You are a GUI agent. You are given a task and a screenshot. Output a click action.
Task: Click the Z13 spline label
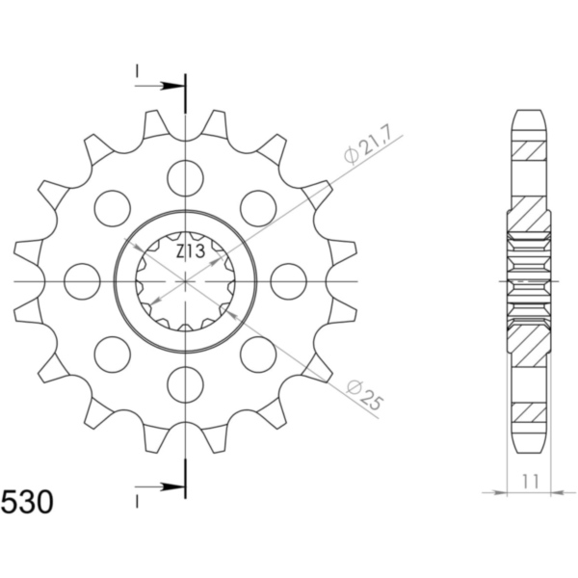coord(189,252)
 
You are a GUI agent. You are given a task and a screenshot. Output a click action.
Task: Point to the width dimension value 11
coord(530,480)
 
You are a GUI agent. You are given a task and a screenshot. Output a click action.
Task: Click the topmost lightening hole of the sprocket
coord(185,176)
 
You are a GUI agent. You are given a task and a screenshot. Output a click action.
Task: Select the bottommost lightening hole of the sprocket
coord(185,384)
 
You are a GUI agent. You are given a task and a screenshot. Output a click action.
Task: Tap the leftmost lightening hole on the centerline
coord(82,280)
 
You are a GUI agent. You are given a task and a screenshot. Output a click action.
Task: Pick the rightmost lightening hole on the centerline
coord(288,280)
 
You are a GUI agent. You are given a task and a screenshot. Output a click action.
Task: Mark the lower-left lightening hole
coord(112,354)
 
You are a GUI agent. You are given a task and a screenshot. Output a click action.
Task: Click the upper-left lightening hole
coord(112,207)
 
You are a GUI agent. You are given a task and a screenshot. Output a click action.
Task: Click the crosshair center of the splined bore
coord(185,280)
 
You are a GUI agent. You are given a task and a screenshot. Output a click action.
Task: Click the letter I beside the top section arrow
coord(137,70)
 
